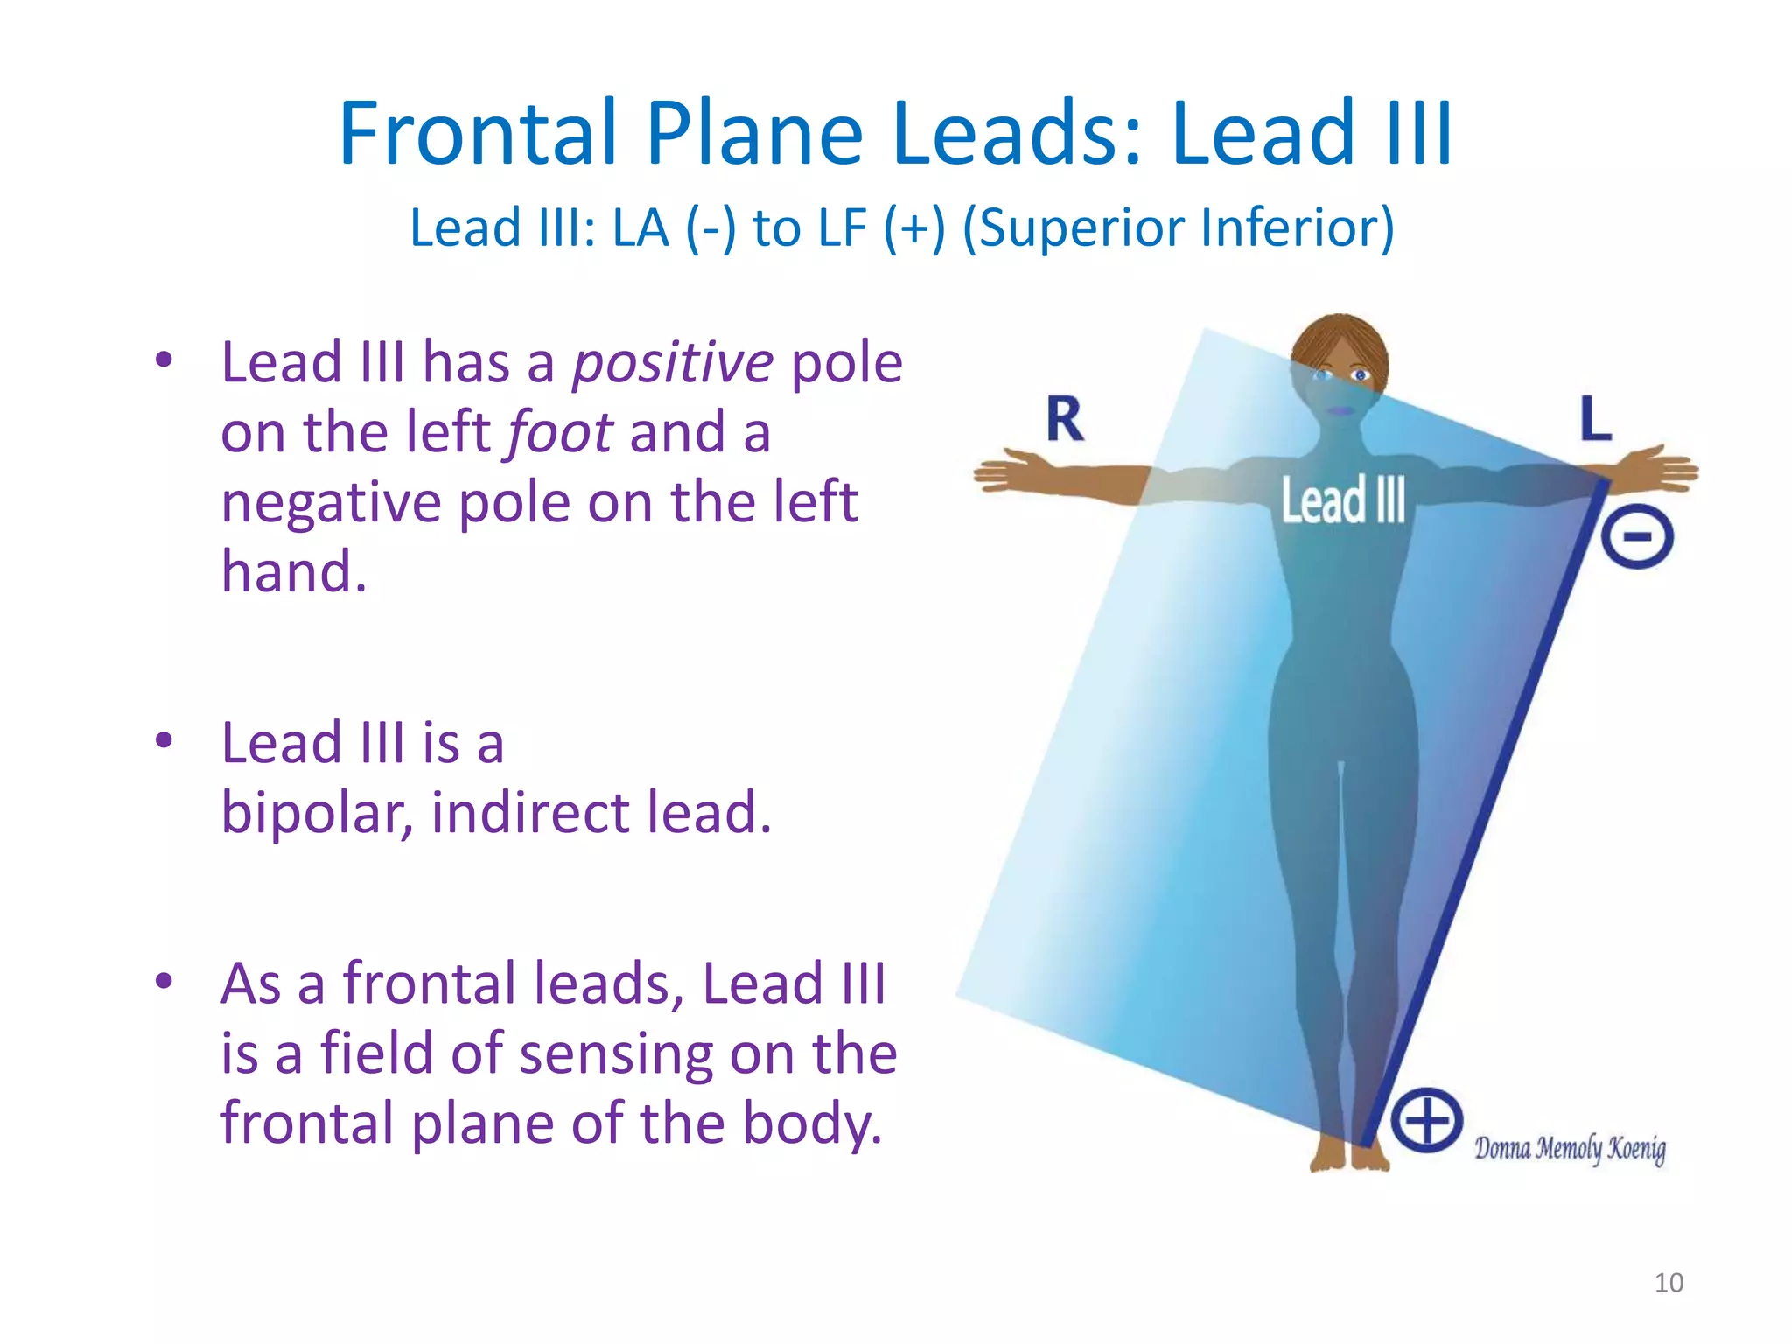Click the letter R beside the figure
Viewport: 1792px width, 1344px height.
coord(1065,419)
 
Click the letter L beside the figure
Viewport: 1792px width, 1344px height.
coord(1596,417)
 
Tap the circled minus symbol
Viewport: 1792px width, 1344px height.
coord(1637,536)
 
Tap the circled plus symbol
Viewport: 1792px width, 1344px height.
coord(1427,1121)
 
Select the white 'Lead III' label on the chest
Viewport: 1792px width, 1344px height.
coord(1343,500)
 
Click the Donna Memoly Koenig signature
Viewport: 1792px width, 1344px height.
coord(1570,1148)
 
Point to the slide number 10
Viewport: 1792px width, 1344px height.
coord(1669,1283)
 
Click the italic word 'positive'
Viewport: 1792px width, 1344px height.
coord(673,364)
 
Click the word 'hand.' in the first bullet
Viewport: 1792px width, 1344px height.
coord(294,571)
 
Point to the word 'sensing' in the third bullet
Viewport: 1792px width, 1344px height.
coord(616,1055)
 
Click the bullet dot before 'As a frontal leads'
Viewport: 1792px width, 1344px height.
coord(164,982)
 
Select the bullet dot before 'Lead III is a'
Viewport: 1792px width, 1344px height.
coord(164,741)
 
